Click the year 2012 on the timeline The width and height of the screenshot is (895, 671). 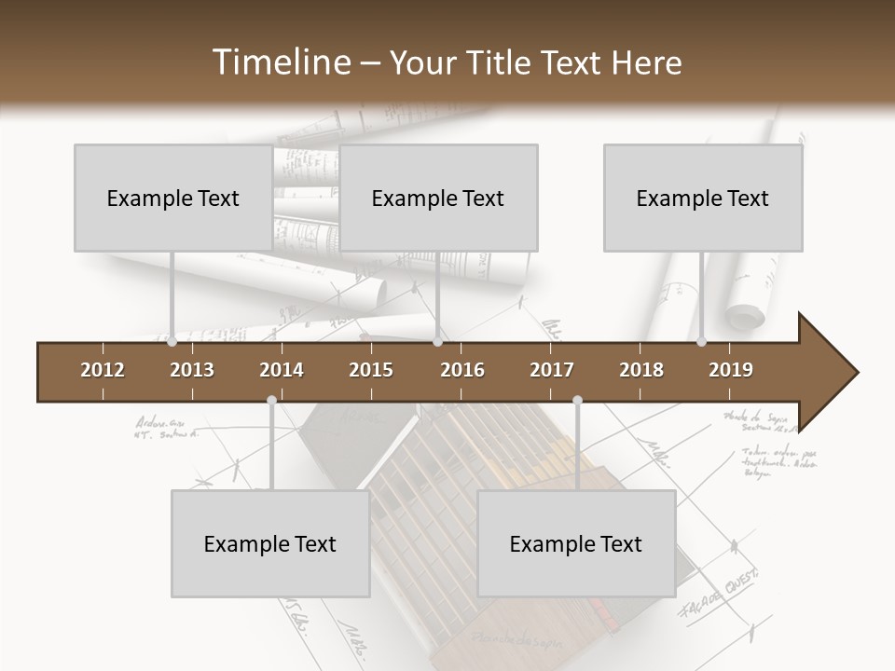point(103,370)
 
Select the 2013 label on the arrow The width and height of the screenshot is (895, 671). point(192,370)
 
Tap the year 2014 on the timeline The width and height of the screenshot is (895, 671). point(282,370)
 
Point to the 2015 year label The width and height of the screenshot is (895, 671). point(371,370)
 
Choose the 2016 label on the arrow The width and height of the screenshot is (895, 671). point(462,370)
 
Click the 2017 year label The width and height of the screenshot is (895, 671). point(552,370)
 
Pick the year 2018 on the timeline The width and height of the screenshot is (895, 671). point(641,370)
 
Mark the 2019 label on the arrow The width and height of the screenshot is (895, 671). point(731,370)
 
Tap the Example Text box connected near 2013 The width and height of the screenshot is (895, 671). point(173,198)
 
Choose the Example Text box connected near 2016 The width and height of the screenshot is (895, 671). point(438,198)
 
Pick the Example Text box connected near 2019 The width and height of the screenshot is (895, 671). point(703,198)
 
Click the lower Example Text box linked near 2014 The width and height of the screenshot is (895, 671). point(270,543)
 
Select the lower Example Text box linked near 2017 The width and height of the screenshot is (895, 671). point(576,543)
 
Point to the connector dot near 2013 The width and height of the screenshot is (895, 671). point(172,342)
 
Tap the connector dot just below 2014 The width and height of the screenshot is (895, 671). point(271,401)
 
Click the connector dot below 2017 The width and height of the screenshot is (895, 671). point(577,401)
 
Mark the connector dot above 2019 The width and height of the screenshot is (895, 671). point(702,342)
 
